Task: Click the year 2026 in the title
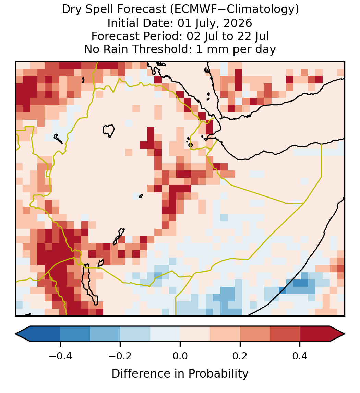(x=238, y=23)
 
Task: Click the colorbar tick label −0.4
(x=60, y=356)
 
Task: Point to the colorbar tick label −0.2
(x=120, y=356)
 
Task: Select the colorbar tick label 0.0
(x=180, y=356)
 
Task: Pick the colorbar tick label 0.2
(x=240, y=356)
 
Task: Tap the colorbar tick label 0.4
(x=300, y=356)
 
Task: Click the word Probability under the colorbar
(x=218, y=374)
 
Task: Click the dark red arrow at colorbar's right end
(x=337, y=334)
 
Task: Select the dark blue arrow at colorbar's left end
(x=23, y=334)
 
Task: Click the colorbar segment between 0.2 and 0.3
(x=255, y=334)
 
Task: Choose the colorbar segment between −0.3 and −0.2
(x=105, y=334)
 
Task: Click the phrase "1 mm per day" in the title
(x=236, y=49)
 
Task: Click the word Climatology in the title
(x=256, y=10)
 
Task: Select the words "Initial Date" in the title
(x=141, y=23)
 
